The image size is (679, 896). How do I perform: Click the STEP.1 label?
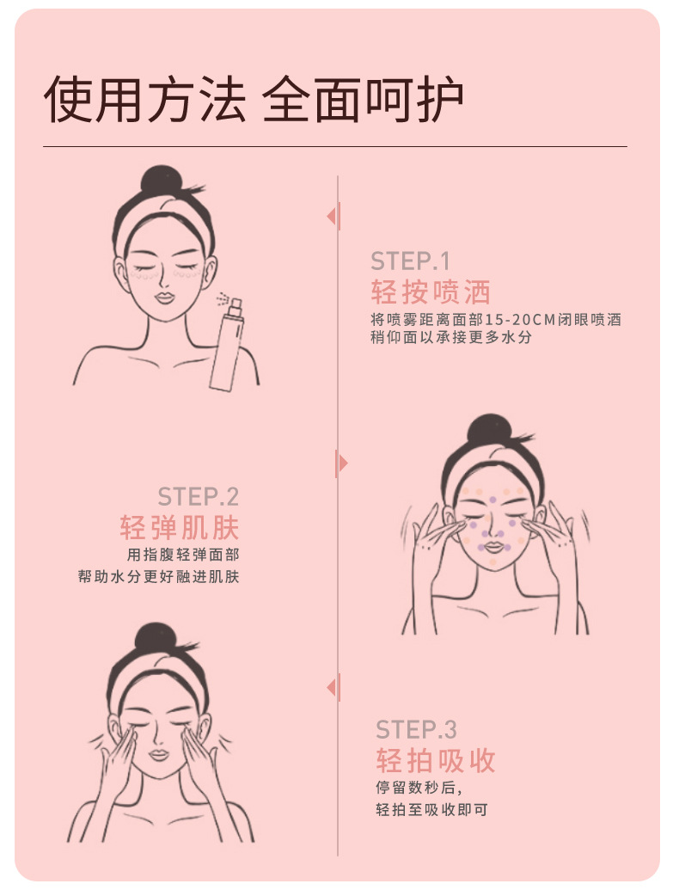(410, 261)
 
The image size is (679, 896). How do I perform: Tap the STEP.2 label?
(199, 497)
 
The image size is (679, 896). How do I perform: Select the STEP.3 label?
(416, 730)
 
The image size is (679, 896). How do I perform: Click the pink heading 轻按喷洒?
(431, 292)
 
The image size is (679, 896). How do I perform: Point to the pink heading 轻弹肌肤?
(180, 527)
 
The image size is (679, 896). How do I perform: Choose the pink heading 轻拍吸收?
(436, 761)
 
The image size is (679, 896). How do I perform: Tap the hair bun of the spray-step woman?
(161, 181)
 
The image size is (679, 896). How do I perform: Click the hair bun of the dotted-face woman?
(489, 430)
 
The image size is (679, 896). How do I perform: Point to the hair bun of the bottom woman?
(156, 639)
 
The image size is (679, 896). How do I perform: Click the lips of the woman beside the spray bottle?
(164, 298)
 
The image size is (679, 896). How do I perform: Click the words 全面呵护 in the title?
(362, 100)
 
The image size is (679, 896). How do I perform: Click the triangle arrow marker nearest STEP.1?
(333, 217)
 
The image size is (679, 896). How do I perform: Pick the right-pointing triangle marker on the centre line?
(341, 463)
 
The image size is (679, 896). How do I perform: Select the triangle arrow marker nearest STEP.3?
(333, 687)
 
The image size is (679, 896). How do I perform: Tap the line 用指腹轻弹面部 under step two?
(183, 555)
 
